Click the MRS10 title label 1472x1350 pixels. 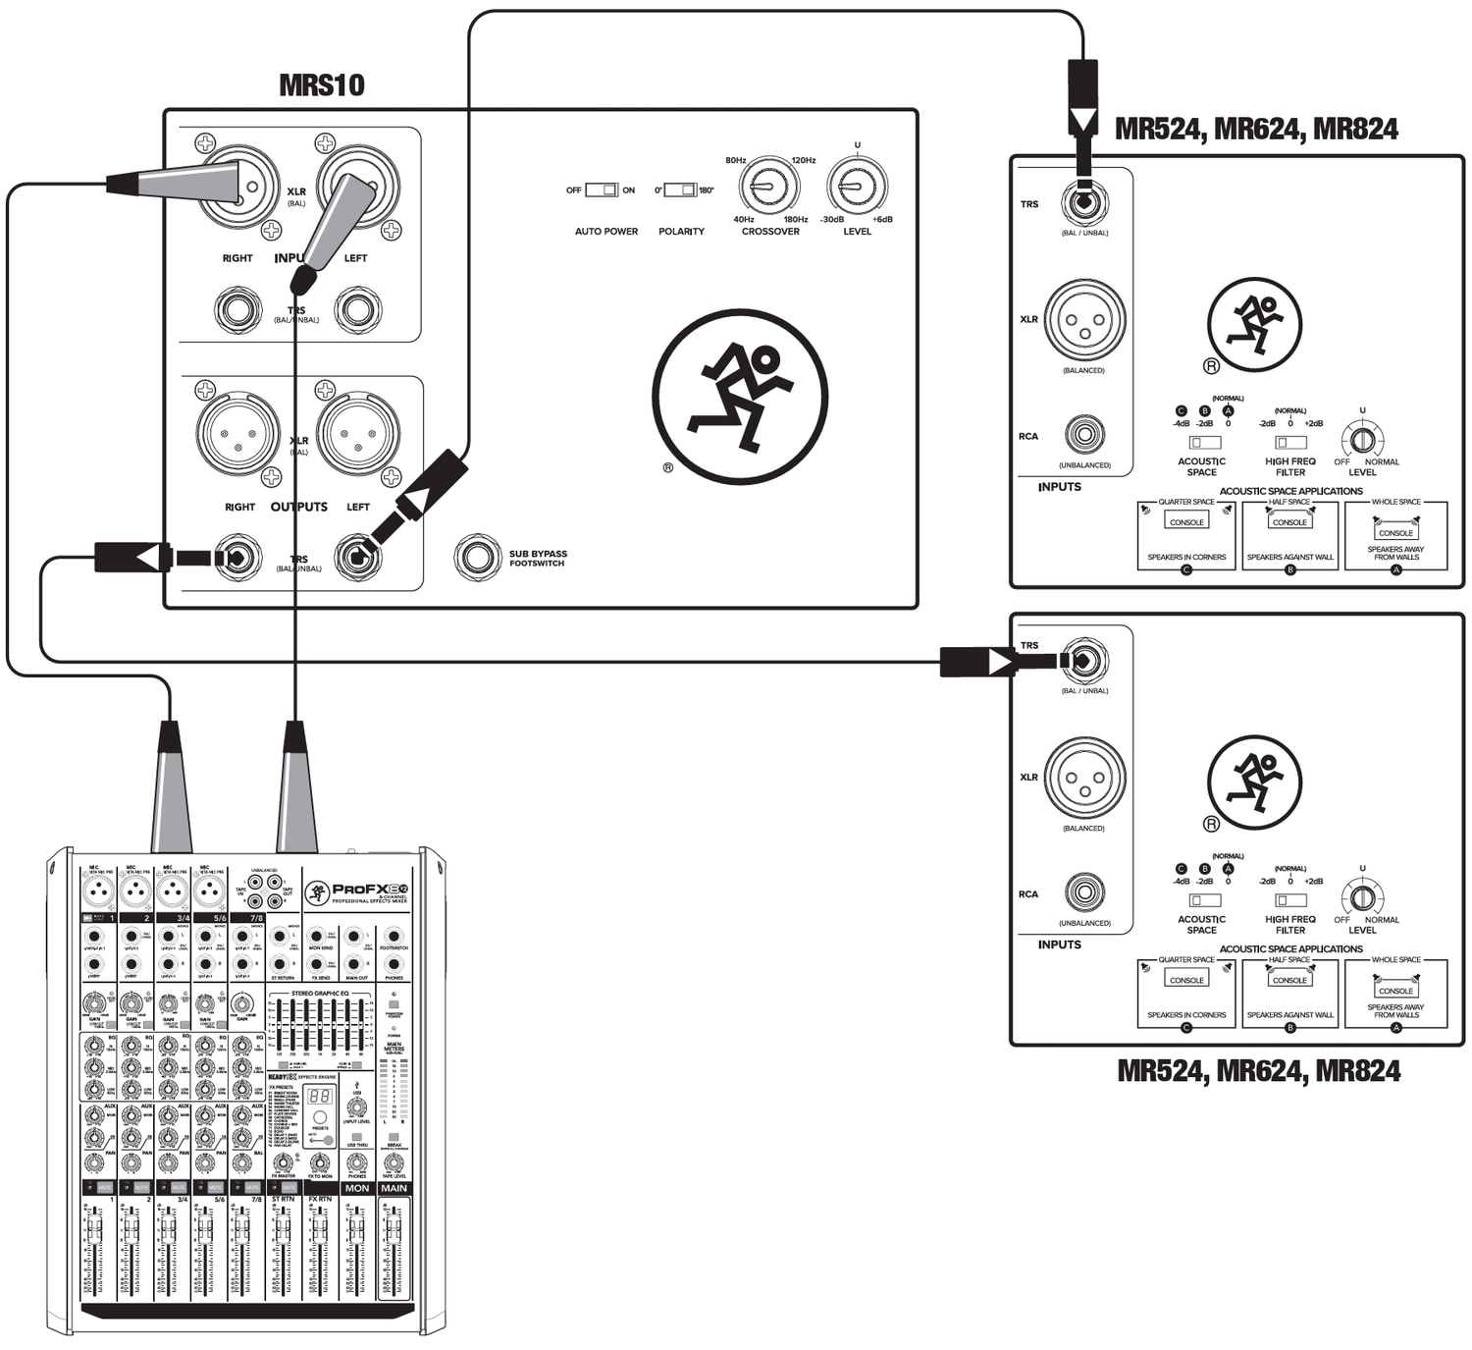coord(321,85)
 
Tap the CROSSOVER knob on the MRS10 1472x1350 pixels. coord(768,186)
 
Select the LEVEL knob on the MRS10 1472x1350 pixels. coord(857,186)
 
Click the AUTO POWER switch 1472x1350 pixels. coord(601,189)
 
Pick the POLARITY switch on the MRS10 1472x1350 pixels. coord(680,189)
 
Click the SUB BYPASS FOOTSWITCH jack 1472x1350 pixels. coord(477,557)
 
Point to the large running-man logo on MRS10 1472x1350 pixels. coord(739,397)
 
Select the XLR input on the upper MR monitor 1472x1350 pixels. coord(1083,321)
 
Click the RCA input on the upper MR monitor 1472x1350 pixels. coord(1083,434)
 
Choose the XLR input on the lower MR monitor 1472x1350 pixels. coord(1083,779)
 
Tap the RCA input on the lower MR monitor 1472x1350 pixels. coord(1083,892)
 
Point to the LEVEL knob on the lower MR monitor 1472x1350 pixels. coord(1362,897)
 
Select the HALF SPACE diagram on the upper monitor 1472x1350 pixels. coord(1289,535)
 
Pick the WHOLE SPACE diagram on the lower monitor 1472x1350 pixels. coord(1395,994)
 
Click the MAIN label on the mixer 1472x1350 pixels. coord(394,1188)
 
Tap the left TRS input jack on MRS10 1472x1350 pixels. coord(356,310)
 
